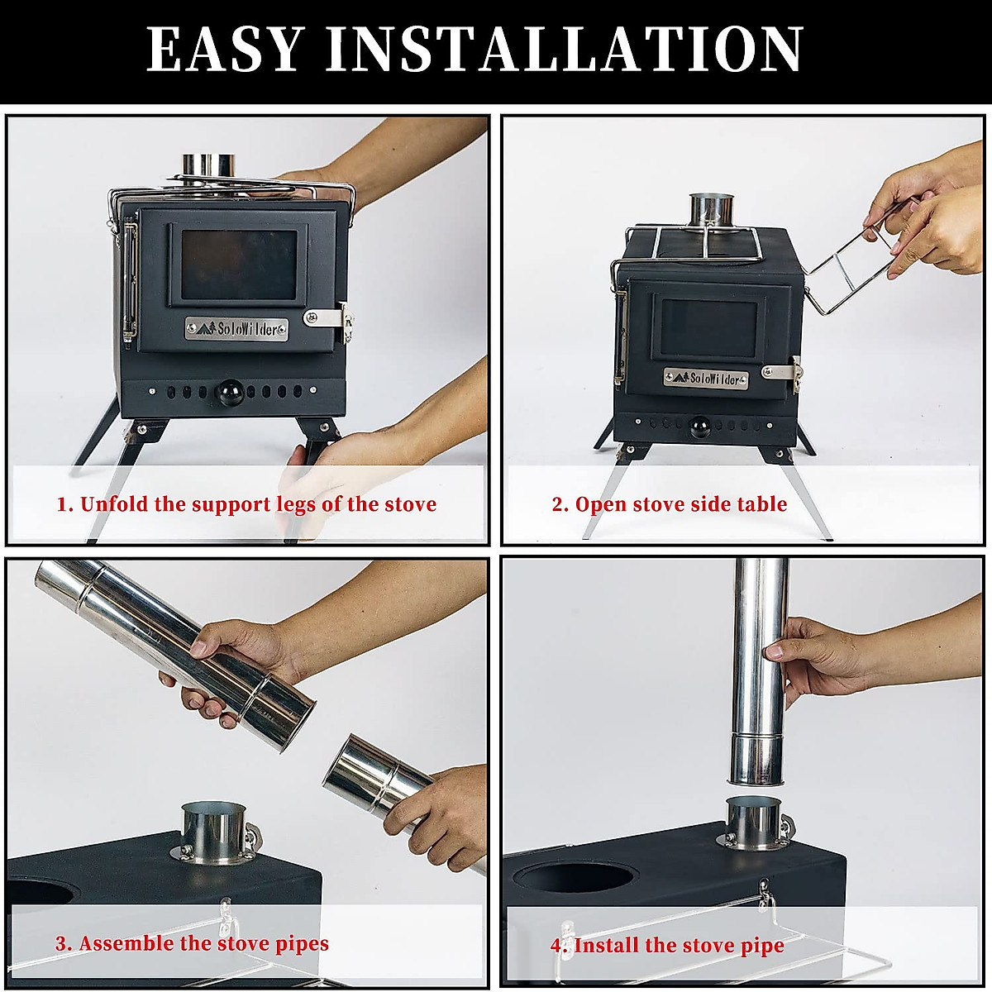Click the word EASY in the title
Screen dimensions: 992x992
pyautogui.click(x=223, y=49)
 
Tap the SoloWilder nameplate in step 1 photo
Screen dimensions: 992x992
pyautogui.click(x=236, y=328)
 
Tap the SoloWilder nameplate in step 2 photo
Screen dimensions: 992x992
pyautogui.click(x=705, y=379)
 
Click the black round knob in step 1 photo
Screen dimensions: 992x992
pyautogui.click(x=229, y=393)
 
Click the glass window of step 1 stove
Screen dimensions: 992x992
pyautogui.click(x=239, y=265)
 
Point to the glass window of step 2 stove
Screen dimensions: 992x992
pyautogui.click(x=708, y=328)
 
